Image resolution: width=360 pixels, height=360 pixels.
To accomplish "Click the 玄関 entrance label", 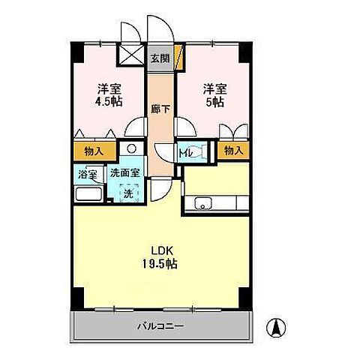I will click(x=158, y=57).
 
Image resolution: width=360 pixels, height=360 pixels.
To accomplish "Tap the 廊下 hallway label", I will click(x=158, y=108).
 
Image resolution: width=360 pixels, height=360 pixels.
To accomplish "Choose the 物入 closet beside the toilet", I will click(x=233, y=151).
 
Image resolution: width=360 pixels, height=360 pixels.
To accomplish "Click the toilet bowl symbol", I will click(x=193, y=150).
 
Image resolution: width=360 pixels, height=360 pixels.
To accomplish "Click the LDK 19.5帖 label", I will click(x=158, y=256).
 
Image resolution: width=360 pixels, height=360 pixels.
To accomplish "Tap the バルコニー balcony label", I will click(x=160, y=326).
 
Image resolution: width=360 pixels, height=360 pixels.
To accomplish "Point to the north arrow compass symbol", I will click(x=277, y=327).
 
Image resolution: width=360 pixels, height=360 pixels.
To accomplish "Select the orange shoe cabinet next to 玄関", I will click(x=177, y=57).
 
